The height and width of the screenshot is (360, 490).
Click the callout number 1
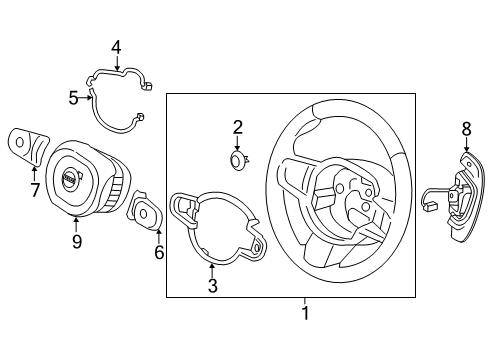306,313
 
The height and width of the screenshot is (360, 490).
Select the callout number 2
238,127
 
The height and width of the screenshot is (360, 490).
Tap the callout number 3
212,287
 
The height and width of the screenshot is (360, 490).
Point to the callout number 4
116,47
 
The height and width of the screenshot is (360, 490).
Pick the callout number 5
73,98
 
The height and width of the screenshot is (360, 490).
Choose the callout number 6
158,252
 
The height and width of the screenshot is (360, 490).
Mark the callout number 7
35,189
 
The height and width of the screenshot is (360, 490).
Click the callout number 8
465,128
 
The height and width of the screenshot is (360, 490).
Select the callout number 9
77,240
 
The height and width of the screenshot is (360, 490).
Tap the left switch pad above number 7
27,144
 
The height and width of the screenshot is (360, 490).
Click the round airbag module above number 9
80,177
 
